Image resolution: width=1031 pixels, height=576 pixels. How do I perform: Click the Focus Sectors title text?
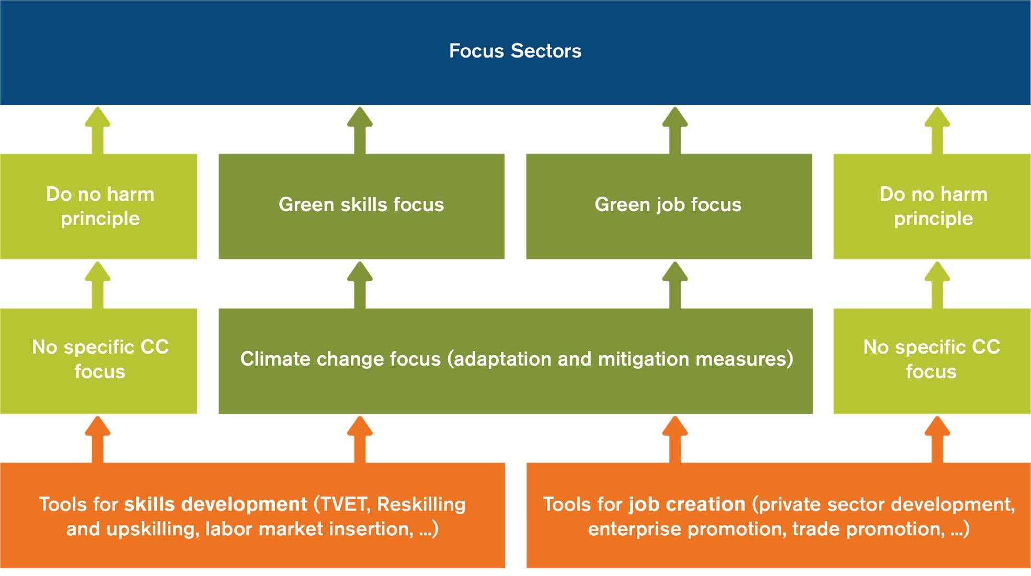click(515, 51)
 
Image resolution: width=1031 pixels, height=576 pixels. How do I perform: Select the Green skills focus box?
click(361, 206)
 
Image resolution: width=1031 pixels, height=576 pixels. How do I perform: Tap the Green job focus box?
click(669, 206)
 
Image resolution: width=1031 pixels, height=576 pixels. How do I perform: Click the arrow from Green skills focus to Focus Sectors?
click(360, 130)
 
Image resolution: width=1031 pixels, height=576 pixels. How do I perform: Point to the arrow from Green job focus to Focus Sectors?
click(675, 130)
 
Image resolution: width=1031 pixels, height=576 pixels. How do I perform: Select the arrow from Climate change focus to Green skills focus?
click(360, 285)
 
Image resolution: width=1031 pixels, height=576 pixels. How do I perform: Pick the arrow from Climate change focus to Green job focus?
click(675, 285)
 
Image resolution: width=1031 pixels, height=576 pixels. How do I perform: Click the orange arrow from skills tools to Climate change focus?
click(360, 439)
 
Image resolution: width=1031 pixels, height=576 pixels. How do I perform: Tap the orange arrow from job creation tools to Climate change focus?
click(675, 439)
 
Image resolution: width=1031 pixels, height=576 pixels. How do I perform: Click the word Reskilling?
click(421, 505)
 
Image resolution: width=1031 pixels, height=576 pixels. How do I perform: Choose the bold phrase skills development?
click(215, 504)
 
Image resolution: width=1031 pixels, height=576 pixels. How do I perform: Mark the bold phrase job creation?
click(687, 504)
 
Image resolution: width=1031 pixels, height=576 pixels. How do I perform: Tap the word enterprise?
click(635, 529)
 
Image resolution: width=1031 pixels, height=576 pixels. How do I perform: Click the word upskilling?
click(153, 529)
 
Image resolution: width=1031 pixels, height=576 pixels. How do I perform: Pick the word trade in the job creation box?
click(816, 529)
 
